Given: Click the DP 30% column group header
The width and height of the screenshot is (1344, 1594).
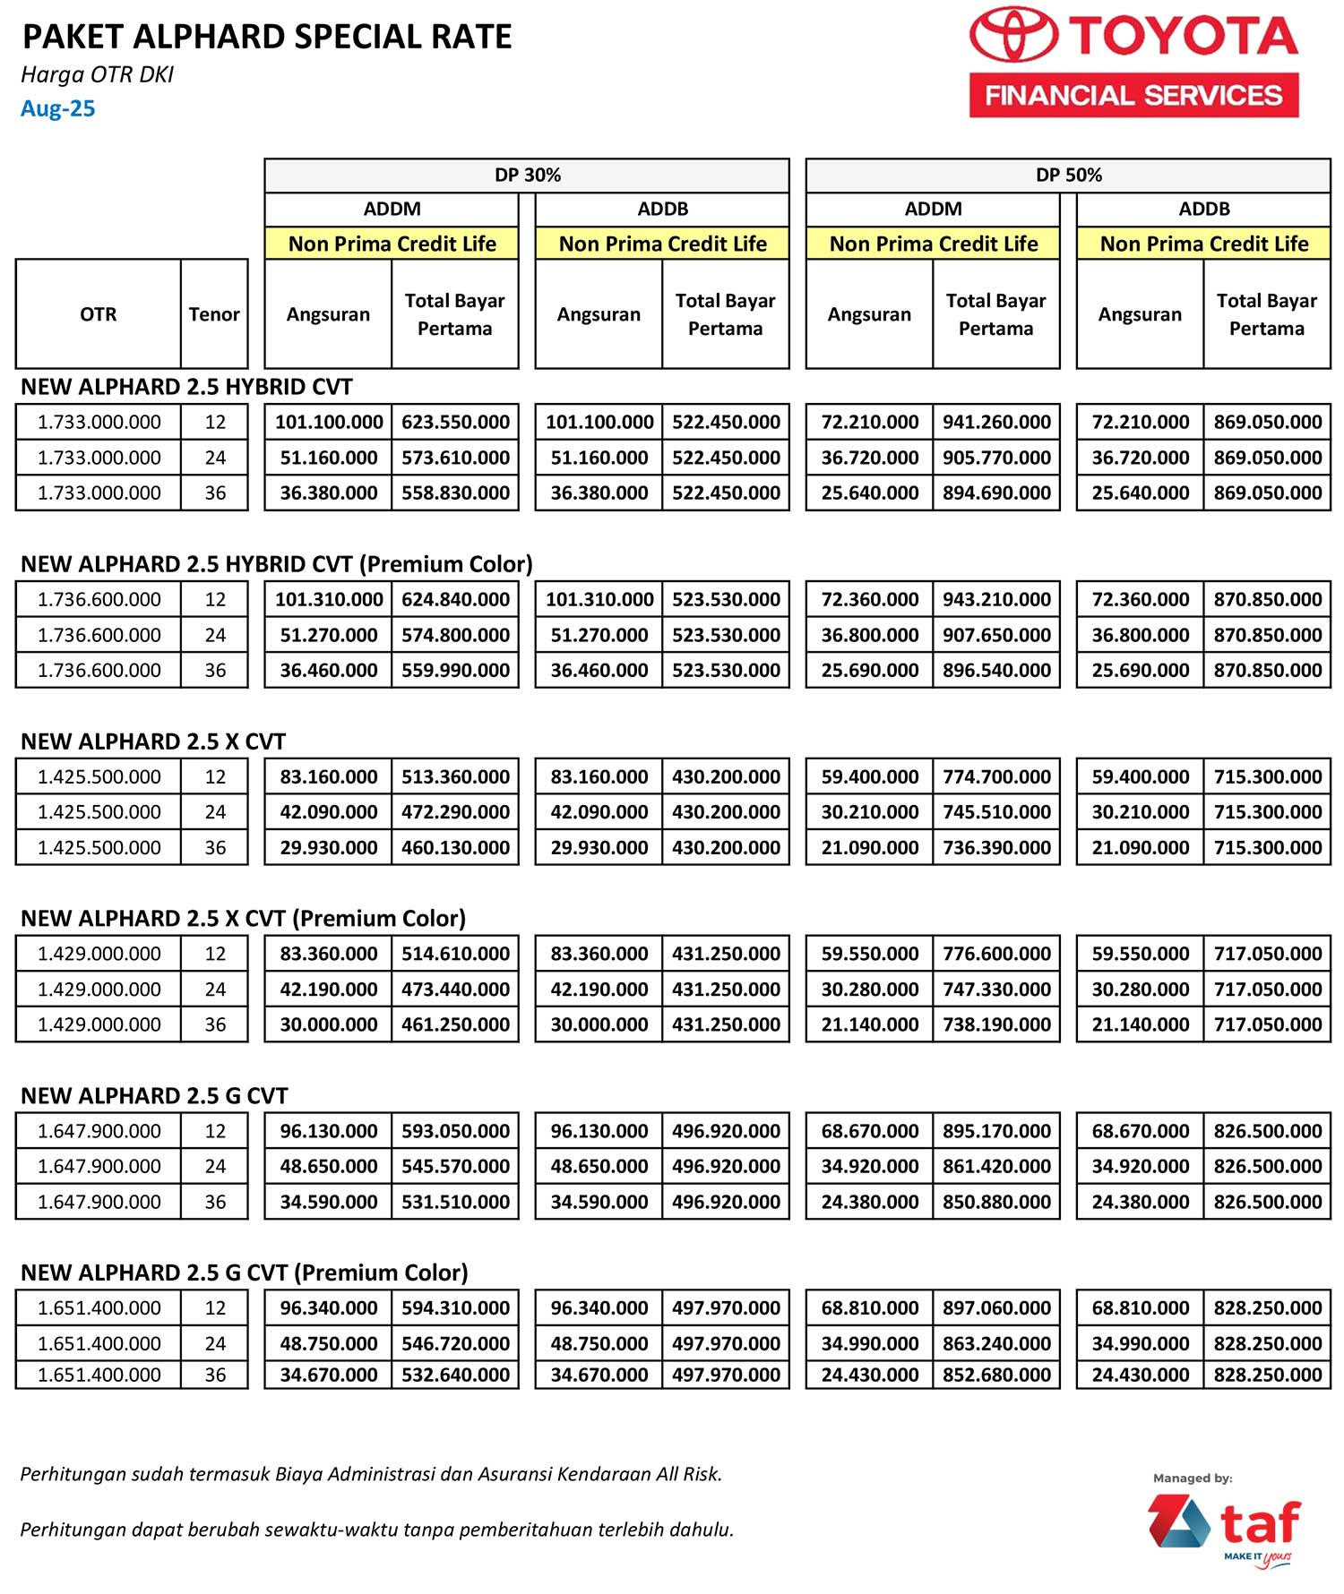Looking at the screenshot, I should point(527,175).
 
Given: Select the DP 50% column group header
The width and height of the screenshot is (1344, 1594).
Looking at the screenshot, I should point(1068,175).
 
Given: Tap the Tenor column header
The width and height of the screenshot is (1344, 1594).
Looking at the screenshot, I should point(214,314).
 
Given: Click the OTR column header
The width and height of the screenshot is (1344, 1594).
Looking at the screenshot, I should point(99,314).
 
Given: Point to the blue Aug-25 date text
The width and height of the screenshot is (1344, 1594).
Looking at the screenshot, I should point(58,108).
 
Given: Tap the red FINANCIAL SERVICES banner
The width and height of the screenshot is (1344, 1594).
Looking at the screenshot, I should point(1133,95).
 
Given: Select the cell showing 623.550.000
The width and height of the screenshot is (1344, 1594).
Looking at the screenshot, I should point(455,422).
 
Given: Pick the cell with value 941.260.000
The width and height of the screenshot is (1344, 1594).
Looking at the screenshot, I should point(996,422).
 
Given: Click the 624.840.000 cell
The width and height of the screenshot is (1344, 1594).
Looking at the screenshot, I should point(455,599).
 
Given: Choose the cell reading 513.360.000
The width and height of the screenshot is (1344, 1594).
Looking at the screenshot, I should point(455,776).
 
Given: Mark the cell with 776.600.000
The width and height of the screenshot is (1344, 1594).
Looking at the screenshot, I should point(996,954).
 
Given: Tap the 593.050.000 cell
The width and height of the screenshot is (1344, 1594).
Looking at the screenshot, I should point(455,1131).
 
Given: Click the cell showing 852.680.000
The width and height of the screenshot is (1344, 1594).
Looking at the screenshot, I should point(996,1375).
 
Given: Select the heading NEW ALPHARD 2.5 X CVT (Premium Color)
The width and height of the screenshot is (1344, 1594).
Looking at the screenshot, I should point(243,918).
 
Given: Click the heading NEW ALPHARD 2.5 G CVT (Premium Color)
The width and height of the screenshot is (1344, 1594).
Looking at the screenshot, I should point(244,1273).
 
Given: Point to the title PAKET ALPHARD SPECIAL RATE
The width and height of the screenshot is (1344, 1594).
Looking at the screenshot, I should point(267,37).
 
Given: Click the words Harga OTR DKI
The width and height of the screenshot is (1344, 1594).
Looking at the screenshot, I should point(97,74).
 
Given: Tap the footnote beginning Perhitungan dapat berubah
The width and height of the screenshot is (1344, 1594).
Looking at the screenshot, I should point(376,1529).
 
